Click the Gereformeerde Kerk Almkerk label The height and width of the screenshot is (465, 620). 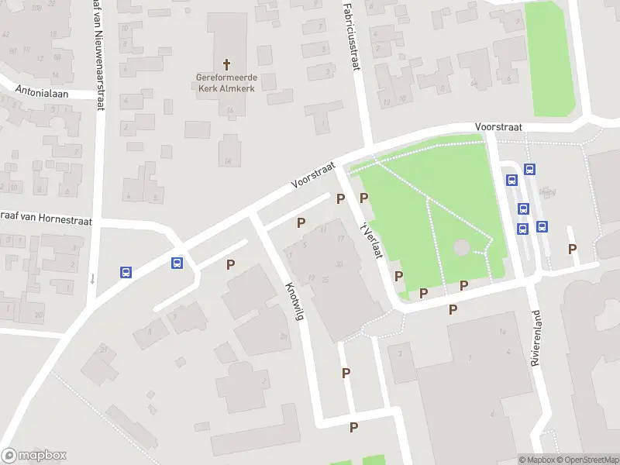(226, 83)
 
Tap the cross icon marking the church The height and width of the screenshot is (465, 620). (227, 64)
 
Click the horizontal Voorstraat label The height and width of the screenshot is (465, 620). (498, 127)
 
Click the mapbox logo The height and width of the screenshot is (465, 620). (34, 455)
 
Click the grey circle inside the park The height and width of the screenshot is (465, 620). (461, 248)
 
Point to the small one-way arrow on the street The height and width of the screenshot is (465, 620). (92, 279)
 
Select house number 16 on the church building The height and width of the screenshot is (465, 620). (231, 110)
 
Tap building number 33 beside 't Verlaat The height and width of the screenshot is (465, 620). (339, 264)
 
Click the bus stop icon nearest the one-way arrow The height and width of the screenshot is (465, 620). (126, 272)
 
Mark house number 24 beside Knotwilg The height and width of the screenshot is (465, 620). (284, 336)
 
